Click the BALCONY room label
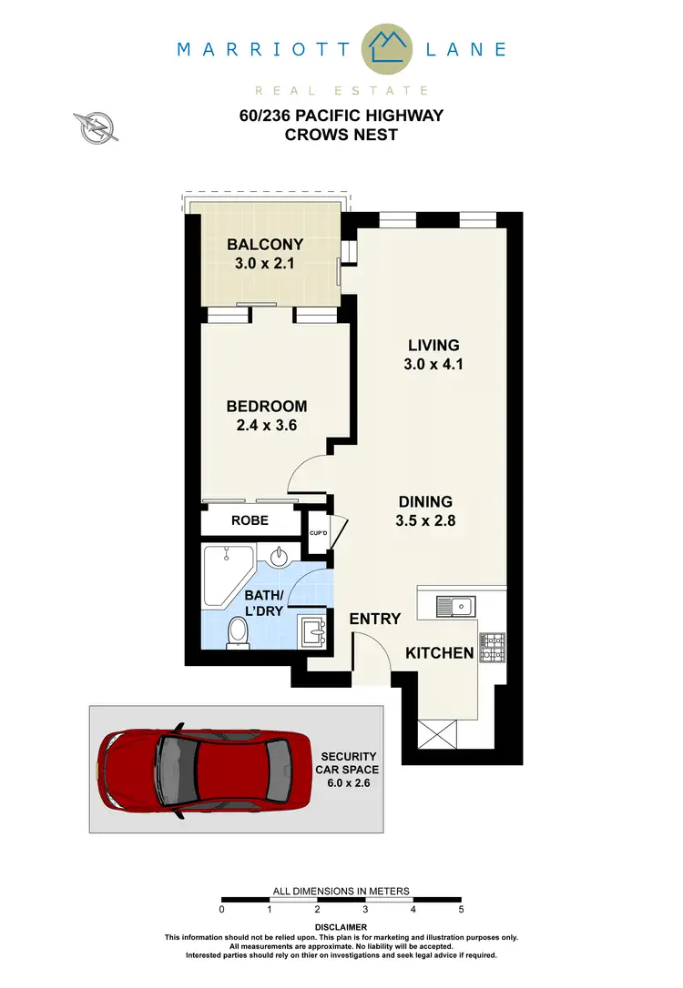click(x=265, y=245)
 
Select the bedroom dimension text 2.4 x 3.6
click(x=267, y=424)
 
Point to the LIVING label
click(x=433, y=346)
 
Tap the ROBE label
click(x=249, y=522)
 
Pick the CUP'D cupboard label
click(x=319, y=534)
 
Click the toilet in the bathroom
click(x=240, y=630)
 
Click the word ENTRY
click(x=375, y=619)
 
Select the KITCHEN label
click(x=439, y=653)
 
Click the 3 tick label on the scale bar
click(x=365, y=908)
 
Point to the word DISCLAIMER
click(x=341, y=928)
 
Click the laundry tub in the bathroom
click(x=312, y=629)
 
